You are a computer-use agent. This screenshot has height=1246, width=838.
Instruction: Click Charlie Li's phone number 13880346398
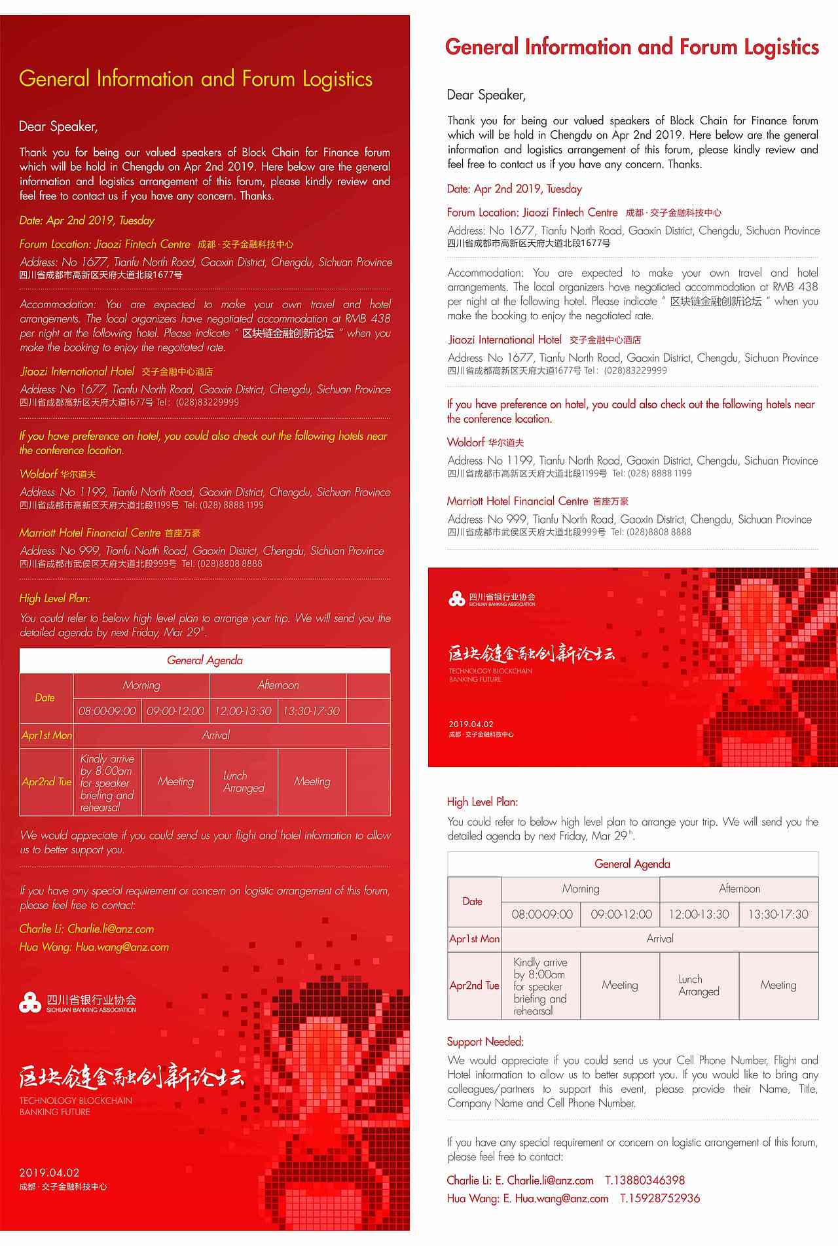(645, 1180)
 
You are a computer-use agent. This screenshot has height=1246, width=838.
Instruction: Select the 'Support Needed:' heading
(485, 1041)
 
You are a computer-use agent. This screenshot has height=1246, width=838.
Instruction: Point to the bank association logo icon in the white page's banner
(456, 598)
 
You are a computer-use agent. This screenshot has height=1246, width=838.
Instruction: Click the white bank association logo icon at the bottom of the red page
(29, 1002)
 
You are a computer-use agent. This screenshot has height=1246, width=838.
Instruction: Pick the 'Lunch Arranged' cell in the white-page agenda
(699, 985)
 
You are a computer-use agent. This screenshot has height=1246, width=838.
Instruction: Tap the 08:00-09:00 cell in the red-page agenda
(107, 711)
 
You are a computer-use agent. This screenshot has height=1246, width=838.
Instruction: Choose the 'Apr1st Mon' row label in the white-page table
(474, 938)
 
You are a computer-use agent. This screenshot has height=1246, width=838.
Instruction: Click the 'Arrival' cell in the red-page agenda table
(216, 735)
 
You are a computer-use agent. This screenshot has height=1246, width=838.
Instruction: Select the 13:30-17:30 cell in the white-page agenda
(778, 914)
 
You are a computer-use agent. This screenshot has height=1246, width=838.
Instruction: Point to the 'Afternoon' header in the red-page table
(278, 685)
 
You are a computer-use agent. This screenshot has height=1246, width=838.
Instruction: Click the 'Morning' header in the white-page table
(580, 889)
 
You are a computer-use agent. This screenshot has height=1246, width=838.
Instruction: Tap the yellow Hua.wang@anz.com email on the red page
(122, 947)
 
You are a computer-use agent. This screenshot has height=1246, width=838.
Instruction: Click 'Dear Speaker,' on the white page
(486, 95)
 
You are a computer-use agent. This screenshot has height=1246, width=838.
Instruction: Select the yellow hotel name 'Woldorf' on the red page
(39, 474)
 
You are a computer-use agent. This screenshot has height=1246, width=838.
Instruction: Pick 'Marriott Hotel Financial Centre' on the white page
(517, 501)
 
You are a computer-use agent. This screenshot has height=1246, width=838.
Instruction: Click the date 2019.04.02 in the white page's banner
(471, 724)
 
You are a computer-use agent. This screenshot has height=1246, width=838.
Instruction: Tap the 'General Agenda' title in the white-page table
(632, 864)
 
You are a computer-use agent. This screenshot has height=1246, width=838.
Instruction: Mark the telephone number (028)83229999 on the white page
(635, 370)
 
